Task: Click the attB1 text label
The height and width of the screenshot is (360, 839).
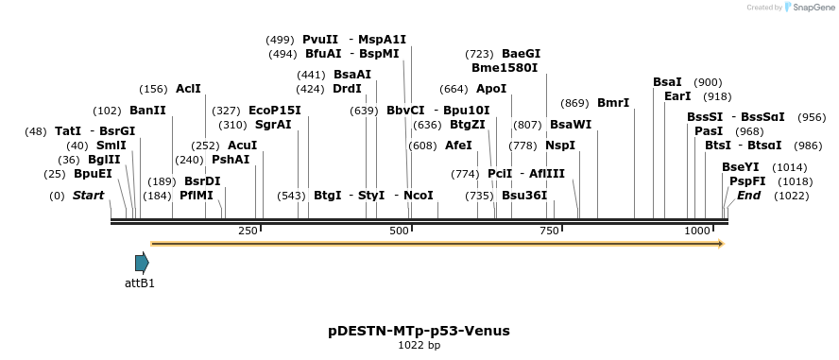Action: point(140,283)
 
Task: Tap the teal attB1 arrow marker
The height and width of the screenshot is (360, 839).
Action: point(142,263)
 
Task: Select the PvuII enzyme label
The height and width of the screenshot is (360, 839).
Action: point(321,40)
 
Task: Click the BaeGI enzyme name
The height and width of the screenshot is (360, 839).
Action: point(521,54)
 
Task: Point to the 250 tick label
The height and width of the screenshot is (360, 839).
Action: point(248,231)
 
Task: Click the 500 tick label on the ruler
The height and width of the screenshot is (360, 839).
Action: point(399,231)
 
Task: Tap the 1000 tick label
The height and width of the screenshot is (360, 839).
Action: point(697,231)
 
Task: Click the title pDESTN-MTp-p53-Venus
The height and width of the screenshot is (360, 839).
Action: point(419,331)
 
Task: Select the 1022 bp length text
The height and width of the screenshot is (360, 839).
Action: point(419,345)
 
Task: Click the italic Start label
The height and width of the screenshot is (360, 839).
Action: point(88,196)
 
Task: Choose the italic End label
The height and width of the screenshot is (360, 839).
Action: point(748,196)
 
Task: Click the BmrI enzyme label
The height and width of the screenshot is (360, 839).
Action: point(613,103)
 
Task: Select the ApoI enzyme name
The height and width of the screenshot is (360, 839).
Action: point(491,89)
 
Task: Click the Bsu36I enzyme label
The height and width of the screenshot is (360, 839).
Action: point(524,196)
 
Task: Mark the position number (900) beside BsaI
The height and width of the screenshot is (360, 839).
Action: point(708,82)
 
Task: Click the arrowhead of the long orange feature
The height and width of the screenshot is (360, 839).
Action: point(720,244)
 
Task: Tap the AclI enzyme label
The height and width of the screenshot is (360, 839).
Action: point(188,89)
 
